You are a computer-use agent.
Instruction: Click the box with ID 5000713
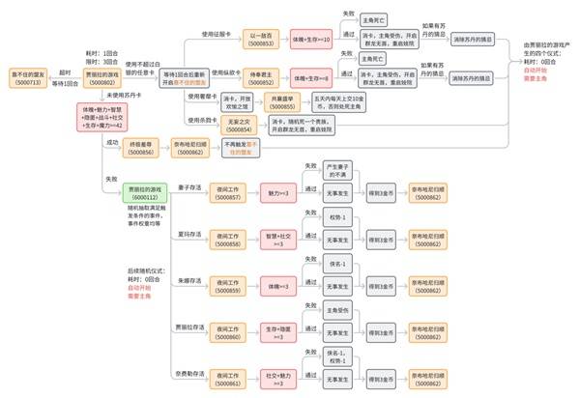click(x=26, y=77)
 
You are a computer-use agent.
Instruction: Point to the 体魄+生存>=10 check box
click(x=311, y=39)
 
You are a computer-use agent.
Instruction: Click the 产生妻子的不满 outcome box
click(x=344, y=199)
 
